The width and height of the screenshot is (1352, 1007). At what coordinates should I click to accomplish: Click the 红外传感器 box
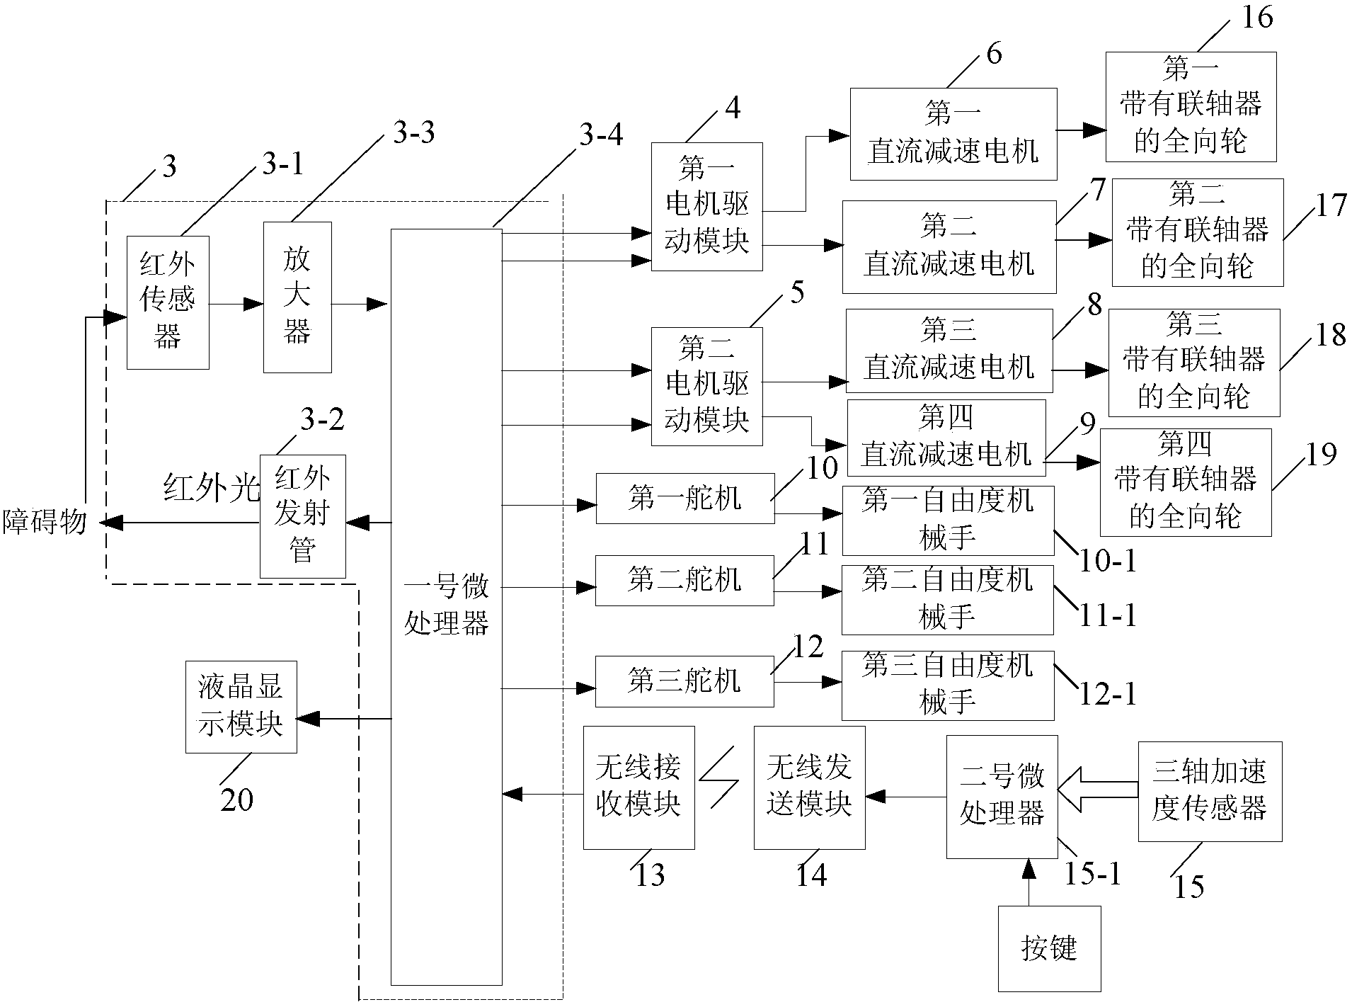(x=168, y=302)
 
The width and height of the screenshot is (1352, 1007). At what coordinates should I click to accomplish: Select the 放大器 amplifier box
(x=297, y=297)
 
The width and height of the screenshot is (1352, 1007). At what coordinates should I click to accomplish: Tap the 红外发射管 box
(x=302, y=516)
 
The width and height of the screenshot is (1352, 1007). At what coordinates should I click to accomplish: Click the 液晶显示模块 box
(x=241, y=707)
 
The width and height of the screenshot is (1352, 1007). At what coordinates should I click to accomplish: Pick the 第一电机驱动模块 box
(x=706, y=207)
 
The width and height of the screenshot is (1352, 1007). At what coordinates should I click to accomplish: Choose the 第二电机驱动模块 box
(x=706, y=387)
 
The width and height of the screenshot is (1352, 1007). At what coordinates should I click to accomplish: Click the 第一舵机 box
(x=684, y=499)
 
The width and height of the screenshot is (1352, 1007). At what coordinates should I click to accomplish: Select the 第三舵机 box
(x=684, y=681)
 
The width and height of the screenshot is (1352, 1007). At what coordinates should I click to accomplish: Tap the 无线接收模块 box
(x=638, y=787)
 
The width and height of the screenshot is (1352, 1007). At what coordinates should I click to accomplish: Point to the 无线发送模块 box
(x=809, y=787)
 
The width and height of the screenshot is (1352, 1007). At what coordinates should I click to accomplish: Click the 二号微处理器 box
(x=1002, y=797)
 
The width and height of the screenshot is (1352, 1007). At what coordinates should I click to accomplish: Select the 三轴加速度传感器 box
(x=1209, y=791)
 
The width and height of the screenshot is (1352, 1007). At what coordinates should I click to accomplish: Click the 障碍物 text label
(x=45, y=523)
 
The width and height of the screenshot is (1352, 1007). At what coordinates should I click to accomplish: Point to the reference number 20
(x=236, y=800)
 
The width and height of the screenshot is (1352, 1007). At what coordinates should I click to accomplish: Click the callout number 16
(x=1256, y=17)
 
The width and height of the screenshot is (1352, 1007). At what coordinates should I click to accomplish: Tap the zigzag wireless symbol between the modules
(x=720, y=784)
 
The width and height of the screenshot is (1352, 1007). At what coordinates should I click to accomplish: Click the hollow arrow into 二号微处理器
(x=1097, y=791)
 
